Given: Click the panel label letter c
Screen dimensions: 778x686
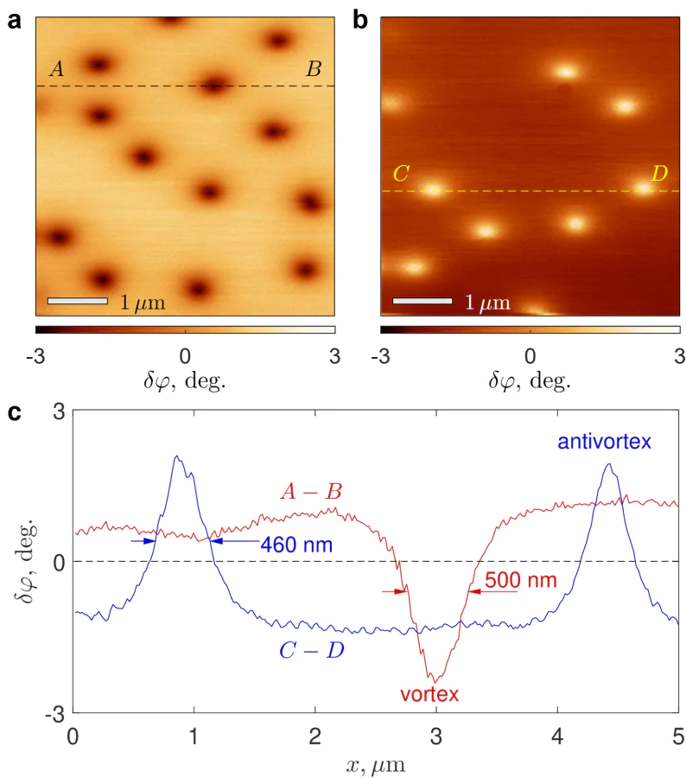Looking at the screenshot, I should (x=14, y=413).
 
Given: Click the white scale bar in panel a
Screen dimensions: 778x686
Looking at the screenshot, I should (x=77, y=301).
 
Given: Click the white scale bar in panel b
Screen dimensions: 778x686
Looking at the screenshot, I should (x=422, y=301).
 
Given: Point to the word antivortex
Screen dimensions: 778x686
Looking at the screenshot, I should (x=604, y=443).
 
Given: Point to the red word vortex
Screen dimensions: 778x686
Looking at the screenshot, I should (x=429, y=693).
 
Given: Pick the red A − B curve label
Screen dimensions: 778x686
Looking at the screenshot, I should (x=311, y=493).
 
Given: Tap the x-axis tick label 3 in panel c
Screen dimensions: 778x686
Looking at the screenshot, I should (x=436, y=737).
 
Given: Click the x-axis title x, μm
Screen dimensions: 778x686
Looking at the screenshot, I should (x=376, y=764).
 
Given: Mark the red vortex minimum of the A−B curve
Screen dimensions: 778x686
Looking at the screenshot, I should (x=435, y=680).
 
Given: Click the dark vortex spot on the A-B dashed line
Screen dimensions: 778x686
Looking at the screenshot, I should (x=213, y=85).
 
